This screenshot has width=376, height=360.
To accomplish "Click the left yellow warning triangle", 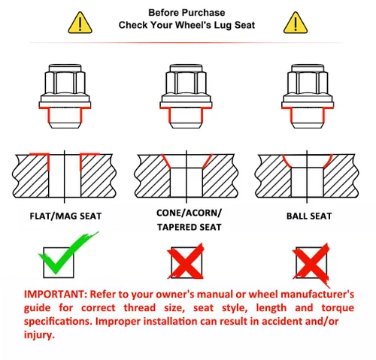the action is (x=80, y=23).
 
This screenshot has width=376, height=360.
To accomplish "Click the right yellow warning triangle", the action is (x=296, y=23).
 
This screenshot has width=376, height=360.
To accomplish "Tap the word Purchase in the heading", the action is (x=203, y=13).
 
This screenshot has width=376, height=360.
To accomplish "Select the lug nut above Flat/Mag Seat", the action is (x=65, y=96).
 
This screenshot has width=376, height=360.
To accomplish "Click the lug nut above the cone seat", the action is (x=186, y=96).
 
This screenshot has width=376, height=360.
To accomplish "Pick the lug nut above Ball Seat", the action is (x=308, y=96).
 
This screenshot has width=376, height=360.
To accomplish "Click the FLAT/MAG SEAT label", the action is (x=65, y=216).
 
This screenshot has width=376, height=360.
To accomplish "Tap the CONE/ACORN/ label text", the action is (x=189, y=213).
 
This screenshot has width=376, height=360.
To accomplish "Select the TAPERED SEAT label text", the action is (x=190, y=227).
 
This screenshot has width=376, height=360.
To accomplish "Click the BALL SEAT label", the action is (x=309, y=216).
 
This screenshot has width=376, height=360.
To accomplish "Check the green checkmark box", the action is (x=59, y=262).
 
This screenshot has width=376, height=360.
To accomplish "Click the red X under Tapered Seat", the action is (x=186, y=262).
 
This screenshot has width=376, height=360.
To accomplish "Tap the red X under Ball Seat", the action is (x=311, y=263).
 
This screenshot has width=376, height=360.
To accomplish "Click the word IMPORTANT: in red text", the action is (x=56, y=294).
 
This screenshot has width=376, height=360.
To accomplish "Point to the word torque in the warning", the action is (x=338, y=308).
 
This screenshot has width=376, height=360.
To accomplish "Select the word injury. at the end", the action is (x=39, y=335).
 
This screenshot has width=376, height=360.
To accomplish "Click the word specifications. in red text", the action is (x=58, y=322).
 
